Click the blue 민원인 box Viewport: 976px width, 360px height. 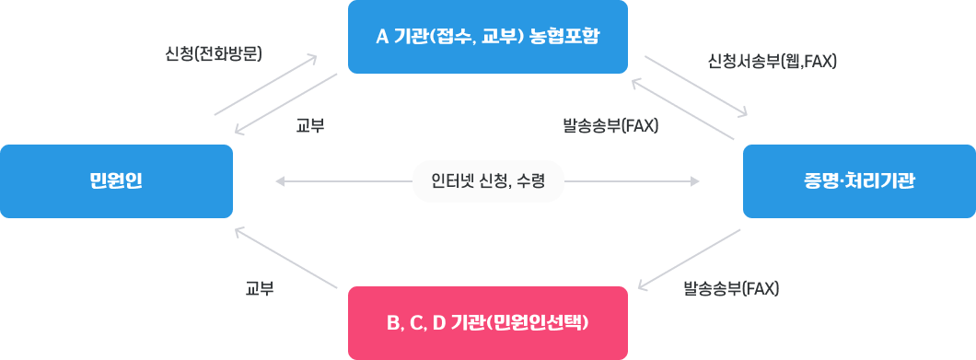(x=116, y=181)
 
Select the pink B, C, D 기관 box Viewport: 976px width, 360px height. (x=488, y=322)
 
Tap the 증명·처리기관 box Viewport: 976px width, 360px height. (x=859, y=181)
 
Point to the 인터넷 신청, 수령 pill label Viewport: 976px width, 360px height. (x=488, y=181)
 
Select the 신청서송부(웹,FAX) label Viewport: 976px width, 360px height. (x=772, y=62)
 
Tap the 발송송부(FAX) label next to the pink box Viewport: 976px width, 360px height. (x=731, y=289)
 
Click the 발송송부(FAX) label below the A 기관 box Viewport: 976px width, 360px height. (x=610, y=125)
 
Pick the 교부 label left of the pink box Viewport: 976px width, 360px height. (x=260, y=289)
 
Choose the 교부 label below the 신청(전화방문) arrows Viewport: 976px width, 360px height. (x=310, y=125)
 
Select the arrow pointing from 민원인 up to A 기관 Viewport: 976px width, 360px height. (x=265, y=85)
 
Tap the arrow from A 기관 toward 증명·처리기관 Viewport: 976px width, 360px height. (x=695, y=86)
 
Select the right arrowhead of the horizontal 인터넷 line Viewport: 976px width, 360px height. (x=695, y=181)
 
